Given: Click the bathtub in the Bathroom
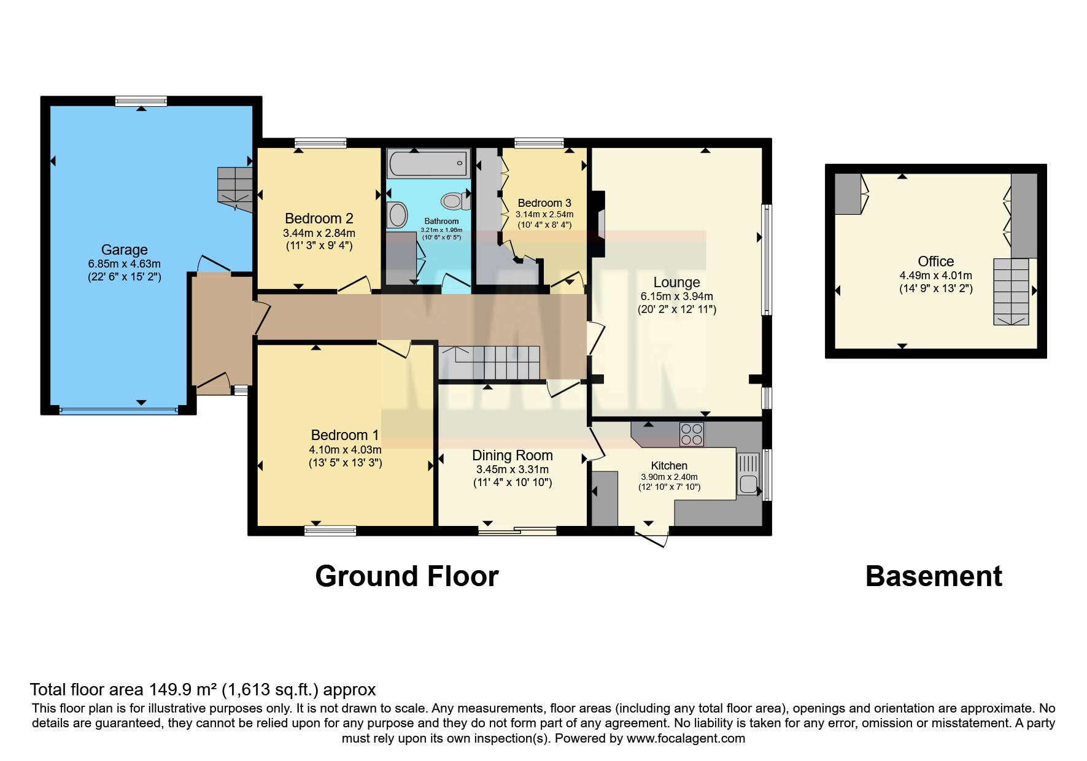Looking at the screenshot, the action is click(428, 164).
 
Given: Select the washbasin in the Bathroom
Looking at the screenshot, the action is click(397, 215).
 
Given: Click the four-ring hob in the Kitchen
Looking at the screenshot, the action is click(692, 435).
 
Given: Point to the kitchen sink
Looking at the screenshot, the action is click(748, 474).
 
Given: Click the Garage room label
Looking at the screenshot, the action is click(125, 250).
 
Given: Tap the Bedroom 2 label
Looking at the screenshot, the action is click(319, 218).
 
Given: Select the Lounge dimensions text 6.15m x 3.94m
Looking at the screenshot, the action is click(677, 296).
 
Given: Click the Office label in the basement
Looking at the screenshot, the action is click(936, 261).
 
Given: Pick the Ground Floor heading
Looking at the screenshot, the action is click(407, 576).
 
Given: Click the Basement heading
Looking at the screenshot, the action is click(934, 576).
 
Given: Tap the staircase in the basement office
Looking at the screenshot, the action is click(1011, 292).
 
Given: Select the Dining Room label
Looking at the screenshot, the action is click(513, 455).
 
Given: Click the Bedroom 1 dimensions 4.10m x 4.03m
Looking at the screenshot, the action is click(345, 450).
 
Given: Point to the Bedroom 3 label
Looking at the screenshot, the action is click(544, 203).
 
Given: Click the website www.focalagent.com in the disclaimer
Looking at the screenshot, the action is click(686, 738).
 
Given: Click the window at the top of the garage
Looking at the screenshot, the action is click(141, 101).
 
